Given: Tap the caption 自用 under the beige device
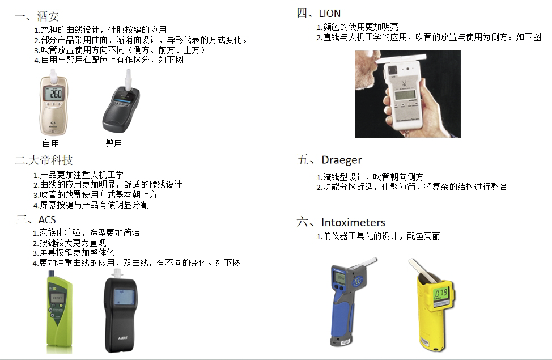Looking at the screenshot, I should click(50, 143).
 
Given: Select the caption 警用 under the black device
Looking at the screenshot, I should click(114, 143).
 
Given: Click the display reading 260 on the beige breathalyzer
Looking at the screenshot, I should click(54, 94).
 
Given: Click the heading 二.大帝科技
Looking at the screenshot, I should click(44, 160).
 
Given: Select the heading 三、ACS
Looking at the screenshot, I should click(36, 219).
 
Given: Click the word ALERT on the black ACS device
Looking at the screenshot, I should click(122, 338).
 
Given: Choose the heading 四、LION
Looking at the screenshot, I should click(319, 13).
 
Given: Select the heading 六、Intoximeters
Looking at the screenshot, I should click(341, 222).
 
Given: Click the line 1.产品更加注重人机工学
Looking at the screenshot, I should click(78, 175).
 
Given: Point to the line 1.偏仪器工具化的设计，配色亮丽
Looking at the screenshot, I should click(378, 236).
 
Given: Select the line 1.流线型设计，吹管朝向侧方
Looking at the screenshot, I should click(370, 177).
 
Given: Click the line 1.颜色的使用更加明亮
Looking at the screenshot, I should click(357, 27).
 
